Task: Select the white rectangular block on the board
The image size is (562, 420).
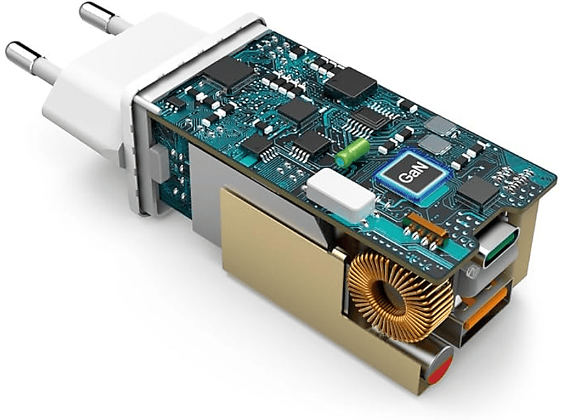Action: tap(340, 194)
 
